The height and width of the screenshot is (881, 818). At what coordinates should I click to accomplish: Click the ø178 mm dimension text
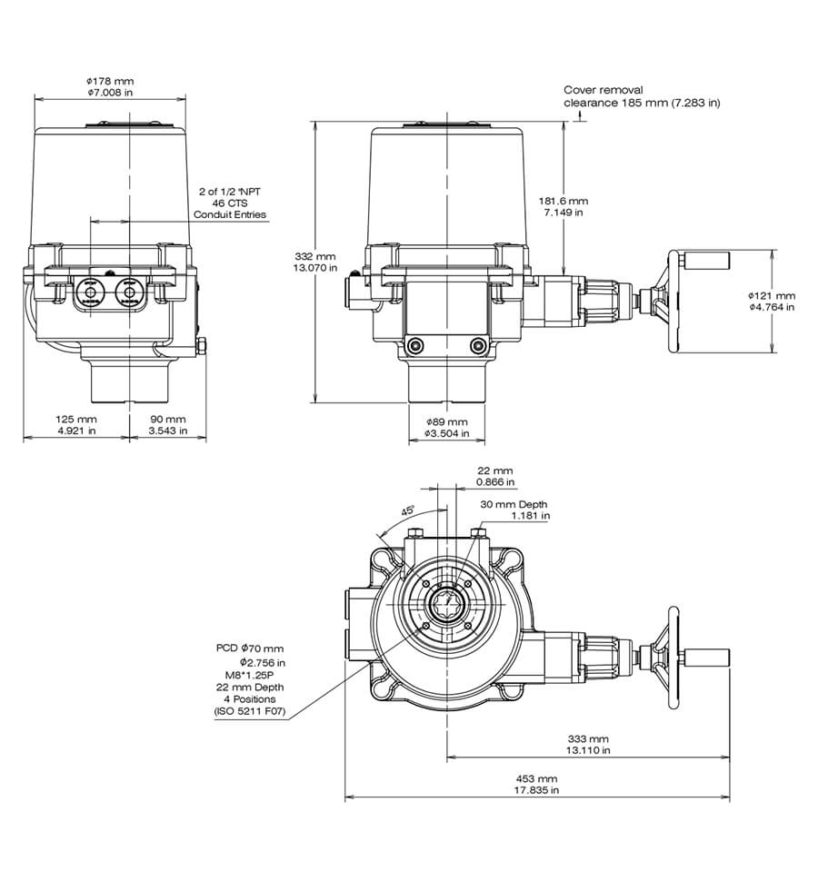110,81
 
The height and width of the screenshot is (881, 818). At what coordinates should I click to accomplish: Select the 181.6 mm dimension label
564,200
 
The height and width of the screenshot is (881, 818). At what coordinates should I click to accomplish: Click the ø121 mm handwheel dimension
771,295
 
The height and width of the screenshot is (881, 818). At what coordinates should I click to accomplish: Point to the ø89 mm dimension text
446,422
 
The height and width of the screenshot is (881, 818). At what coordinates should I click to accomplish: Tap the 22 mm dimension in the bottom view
496,470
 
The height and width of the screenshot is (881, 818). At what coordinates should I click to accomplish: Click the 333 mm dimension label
587,739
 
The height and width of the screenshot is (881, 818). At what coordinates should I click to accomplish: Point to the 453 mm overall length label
537,779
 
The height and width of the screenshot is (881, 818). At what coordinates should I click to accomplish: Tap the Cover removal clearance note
641,96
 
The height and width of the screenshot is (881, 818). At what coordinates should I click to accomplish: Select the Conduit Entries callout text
230,214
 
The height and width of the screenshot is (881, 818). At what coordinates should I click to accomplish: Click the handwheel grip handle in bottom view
710,656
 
